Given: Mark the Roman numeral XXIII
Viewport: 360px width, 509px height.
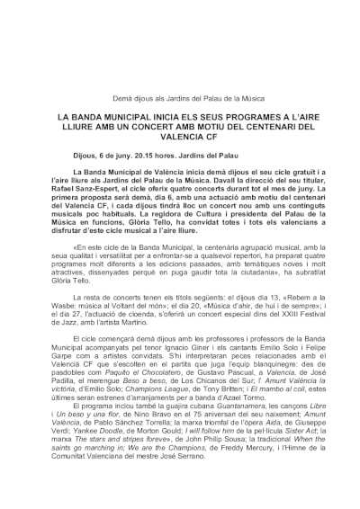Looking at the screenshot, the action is [257, 294].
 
